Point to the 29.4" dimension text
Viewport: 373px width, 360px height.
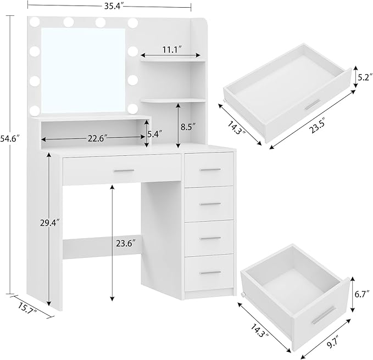(64, 222)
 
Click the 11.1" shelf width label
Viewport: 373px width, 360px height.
(172, 49)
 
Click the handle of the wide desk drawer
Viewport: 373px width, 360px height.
(124, 171)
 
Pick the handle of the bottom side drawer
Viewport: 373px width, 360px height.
(210, 273)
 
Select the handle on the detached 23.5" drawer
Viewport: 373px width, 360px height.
(313, 105)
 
